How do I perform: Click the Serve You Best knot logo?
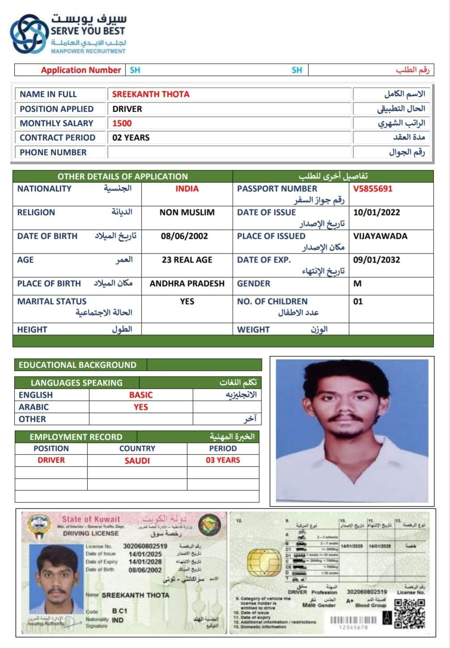pos(29,34)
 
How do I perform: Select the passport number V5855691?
pos(372,189)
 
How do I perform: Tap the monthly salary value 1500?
pos(122,123)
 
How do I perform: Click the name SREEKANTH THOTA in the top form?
pos(151,94)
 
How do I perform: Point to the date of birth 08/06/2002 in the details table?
pos(184,236)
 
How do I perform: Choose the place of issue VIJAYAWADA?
pos(380,236)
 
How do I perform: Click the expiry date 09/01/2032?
pos(376,260)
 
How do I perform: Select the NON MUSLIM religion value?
pos(187,212)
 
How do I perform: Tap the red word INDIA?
pos(187,189)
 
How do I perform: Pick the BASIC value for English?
pos(141,395)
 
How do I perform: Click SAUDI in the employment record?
pos(137,461)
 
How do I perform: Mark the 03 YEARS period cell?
pos(223,460)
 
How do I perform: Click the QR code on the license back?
pos(409,614)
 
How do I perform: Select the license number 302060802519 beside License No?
pos(145,546)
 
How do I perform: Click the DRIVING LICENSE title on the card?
pos(91,534)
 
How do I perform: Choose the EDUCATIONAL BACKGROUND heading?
pos(77,365)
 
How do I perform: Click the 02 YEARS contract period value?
pos(131,138)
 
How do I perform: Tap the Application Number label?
pos(81,70)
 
